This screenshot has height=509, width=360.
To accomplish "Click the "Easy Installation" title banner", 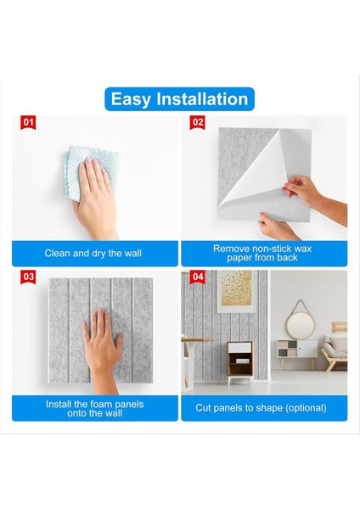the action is tap(179, 99).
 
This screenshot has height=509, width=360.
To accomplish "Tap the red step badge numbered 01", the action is tap(28, 122).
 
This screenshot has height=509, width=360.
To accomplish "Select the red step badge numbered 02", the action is tap(198, 122).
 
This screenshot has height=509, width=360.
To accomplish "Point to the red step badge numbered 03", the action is tap(28, 277).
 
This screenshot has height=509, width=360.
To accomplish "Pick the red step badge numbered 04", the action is tap(198, 277).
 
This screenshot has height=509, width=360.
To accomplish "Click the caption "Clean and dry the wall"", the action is tap(93, 253).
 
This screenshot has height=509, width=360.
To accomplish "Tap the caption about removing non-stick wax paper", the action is tap(262, 253).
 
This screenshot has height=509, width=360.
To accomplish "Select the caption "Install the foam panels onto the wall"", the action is tap(94, 408).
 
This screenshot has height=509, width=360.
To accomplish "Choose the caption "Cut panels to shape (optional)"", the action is tap(261, 408).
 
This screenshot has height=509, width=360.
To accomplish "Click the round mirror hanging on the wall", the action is tap(301, 326).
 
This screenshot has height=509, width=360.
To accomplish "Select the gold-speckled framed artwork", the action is tap(236, 291).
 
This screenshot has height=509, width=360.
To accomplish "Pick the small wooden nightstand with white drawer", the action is tap(239, 362).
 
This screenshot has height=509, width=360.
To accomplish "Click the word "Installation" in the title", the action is tap(202, 98).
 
